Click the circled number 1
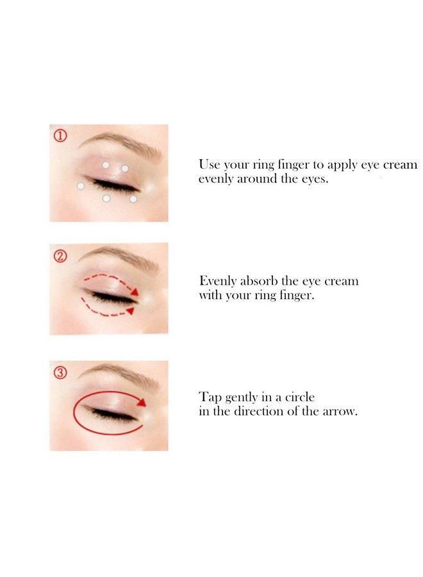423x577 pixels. pos(61,136)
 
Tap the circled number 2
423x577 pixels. pos(61,256)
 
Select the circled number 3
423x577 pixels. pos(61,373)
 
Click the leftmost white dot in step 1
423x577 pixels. pos(81,186)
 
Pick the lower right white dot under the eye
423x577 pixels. pos(133,199)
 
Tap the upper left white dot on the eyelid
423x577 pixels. pos(106,165)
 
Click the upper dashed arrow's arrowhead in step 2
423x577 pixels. pos(135,292)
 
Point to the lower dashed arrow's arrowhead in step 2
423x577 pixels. pos(130,311)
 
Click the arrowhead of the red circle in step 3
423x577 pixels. pos(142,402)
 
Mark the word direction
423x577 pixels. pos(258,411)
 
